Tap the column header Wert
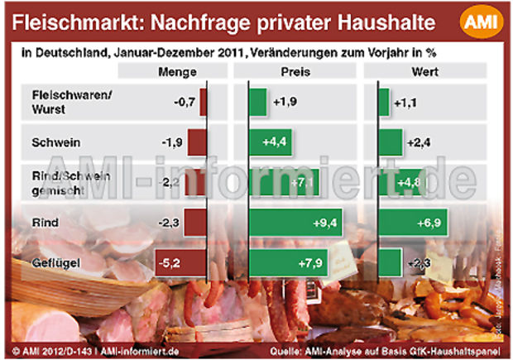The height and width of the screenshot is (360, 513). click(x=424, y=72)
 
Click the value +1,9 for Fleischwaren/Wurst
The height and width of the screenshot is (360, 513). click(x=282, y=102)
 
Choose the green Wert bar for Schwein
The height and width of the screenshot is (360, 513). click(x=390, y=142)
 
